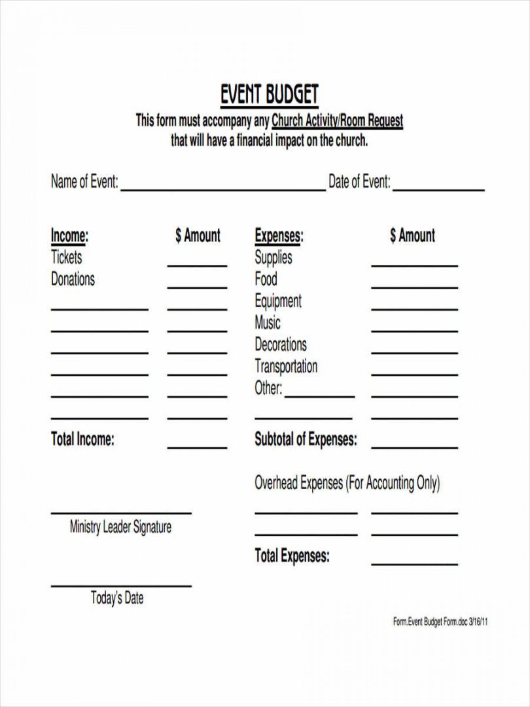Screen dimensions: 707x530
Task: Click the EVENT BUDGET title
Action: coord(269,96)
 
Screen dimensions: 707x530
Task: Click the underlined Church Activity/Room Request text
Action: coord(337,121)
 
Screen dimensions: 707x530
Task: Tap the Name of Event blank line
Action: coord(222,190)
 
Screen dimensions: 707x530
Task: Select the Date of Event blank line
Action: coord(438,190)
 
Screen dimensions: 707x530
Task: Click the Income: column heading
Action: coord(69,236)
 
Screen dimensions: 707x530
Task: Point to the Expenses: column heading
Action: coord(279,236)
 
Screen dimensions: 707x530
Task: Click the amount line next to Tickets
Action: coord(197,265)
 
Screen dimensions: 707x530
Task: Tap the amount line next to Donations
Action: coord(197,287)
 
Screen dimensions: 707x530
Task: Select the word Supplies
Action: coord(274,257)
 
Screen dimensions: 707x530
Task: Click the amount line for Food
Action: coord(414,287)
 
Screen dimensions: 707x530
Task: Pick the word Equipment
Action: coord(278,301)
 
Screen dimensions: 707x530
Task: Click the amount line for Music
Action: coord(414,331)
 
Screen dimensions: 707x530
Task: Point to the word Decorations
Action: coord(280,344)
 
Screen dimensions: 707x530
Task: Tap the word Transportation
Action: coord(286,366)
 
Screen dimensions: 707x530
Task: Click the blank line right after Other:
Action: coord(319,396)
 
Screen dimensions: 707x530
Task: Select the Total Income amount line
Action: coord(197,448)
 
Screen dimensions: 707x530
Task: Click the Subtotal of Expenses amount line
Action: coord(414,448)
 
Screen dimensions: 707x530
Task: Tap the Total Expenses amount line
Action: coord(414,564)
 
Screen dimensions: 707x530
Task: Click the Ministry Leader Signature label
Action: coord(120,527)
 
